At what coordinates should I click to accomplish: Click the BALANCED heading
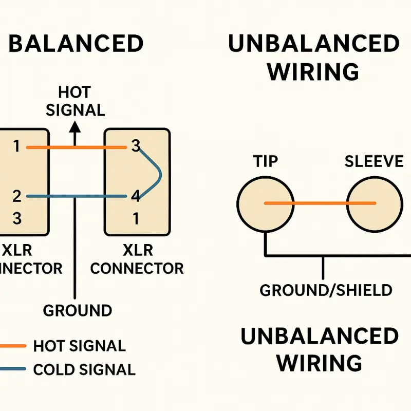pos(76,44)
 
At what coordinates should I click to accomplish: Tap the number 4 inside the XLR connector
pos(136,196)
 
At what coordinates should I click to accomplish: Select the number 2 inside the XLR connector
pos(17,196)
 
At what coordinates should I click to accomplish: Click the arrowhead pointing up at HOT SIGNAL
pos(76,127)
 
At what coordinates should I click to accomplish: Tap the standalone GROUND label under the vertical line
pos(77,311)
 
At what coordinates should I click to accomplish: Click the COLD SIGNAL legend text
pos(84,369)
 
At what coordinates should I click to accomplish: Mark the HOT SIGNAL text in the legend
pos(79,346)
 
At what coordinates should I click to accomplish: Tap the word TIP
pos(266,161)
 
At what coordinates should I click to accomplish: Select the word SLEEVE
pos(374,161)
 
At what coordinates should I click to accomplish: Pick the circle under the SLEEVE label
pos(373,203)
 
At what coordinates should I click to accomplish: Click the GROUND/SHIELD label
pos(326,290)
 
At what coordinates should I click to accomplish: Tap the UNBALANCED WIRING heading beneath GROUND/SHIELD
pos(320,349)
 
